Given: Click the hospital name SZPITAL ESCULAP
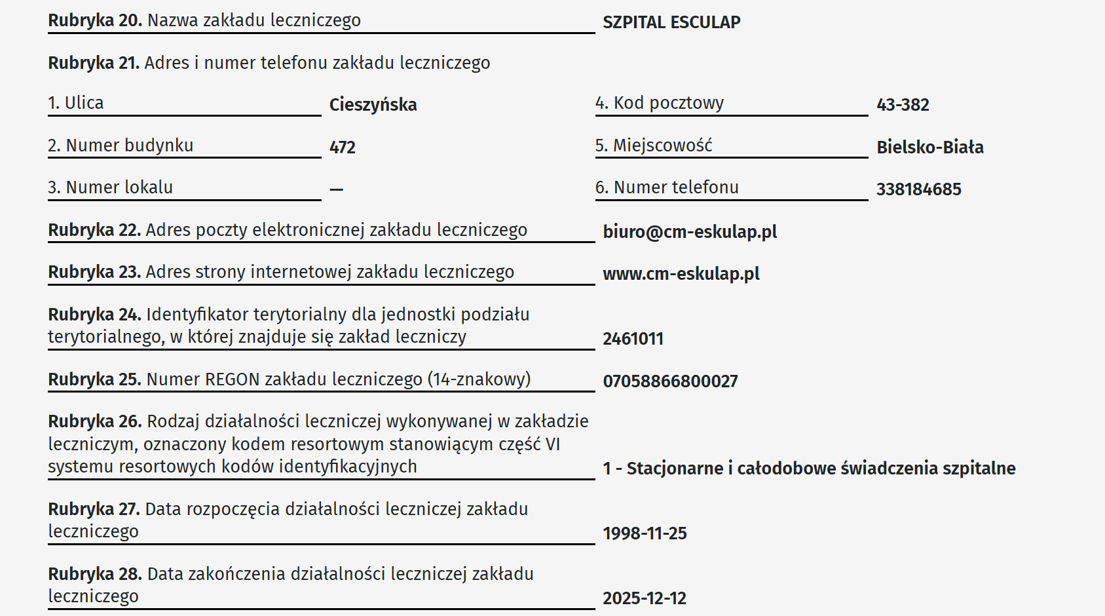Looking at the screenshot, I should [671, 22].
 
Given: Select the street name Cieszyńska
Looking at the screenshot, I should [373, 105].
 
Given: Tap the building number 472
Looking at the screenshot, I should [342, 147].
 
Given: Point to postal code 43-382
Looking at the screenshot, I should [903, 105].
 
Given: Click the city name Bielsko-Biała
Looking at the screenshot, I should [929, 147].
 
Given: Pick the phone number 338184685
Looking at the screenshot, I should [918, 189].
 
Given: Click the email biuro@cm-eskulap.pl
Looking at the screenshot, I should [690, 232].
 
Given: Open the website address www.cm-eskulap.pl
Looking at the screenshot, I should [681, 274].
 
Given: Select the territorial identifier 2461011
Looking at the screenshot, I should [633, 339].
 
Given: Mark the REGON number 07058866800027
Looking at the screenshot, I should [670, 381].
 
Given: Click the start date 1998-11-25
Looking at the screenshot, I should [645, 533].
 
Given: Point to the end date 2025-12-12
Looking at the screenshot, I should [645, 598].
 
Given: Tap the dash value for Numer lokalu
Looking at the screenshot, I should [336, 189].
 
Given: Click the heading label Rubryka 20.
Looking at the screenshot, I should [95, 20].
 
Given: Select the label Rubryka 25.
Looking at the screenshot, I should [95, 379].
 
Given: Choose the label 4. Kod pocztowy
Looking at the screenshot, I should [659, 103].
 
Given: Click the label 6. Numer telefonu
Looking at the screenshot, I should [666, 187].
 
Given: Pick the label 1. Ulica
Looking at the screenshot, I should [76, 103].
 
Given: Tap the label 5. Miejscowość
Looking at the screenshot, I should [653, 145].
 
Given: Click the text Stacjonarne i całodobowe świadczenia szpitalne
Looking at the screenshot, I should [821, 469].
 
